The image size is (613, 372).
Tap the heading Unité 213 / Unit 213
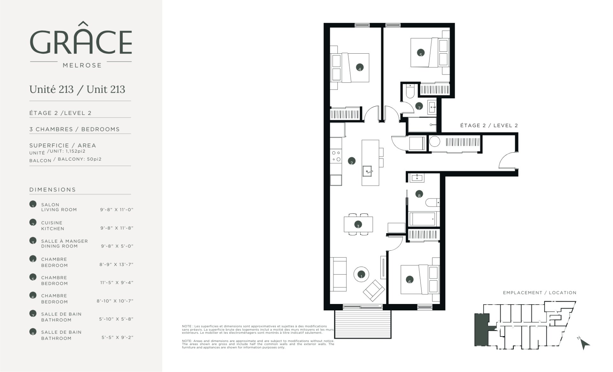[77, 89]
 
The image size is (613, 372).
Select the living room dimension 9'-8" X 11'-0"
[117, 210]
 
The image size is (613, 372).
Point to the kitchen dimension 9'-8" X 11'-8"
[117, 228]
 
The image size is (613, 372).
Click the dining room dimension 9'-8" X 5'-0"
[117, 246]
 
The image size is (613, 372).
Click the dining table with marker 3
[358, 224]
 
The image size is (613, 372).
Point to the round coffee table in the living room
[361, 274]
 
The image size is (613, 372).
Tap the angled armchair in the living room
[374, 290]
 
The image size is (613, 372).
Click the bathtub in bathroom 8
[422, 219]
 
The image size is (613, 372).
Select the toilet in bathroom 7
[409, 91]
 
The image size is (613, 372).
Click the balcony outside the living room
[363, 324]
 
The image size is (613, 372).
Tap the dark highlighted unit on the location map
[481, 334]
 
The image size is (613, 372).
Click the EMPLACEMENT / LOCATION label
[540, 292]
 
